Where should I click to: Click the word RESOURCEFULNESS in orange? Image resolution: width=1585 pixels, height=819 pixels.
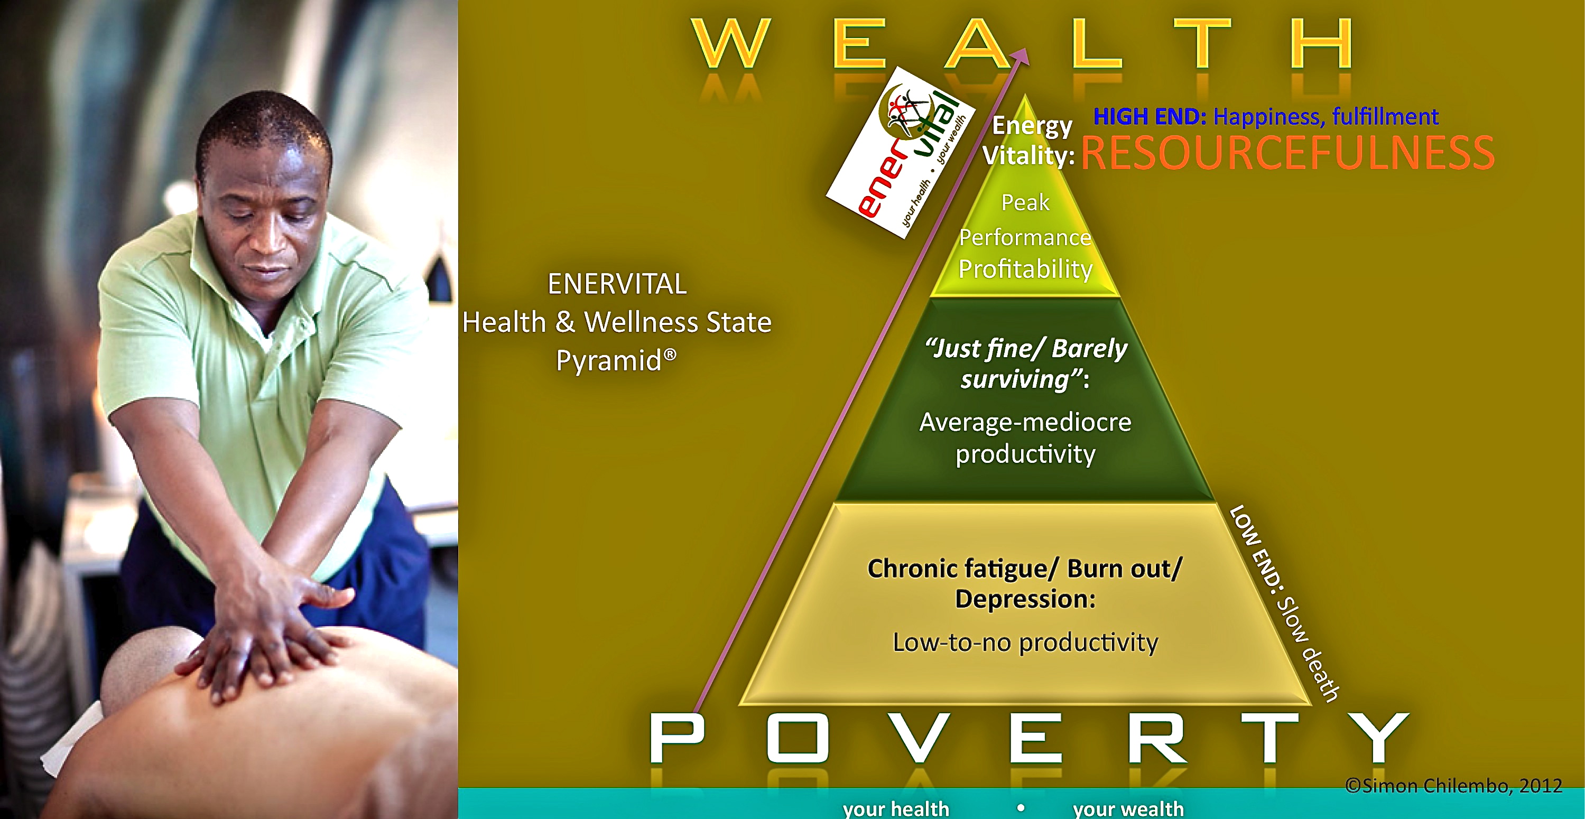(x=1287, y=153)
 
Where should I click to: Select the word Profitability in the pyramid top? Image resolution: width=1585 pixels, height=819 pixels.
(x=1025, y=269)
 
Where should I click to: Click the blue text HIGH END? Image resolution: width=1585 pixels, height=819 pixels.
(x=1150, y=116)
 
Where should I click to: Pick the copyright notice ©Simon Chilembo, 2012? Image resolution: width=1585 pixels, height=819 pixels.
(x=1453, y=786)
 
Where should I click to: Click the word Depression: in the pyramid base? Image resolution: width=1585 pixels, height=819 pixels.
(x=1025, y=599)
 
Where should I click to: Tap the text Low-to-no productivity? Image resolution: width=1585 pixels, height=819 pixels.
(x=1025, y=643)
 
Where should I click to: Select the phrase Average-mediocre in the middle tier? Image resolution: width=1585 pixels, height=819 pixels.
(x=1025, y=422)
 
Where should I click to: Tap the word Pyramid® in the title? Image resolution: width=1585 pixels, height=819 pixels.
(x=616, y=360)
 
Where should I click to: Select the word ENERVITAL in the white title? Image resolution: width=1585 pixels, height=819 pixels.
(x=617, y=284)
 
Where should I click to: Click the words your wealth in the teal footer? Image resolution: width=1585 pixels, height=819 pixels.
(x=1128, y=809)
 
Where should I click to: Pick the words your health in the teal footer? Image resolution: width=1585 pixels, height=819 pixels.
(x=896, y=809)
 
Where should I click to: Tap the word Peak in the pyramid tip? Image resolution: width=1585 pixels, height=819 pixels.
(x=1025, y=202)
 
